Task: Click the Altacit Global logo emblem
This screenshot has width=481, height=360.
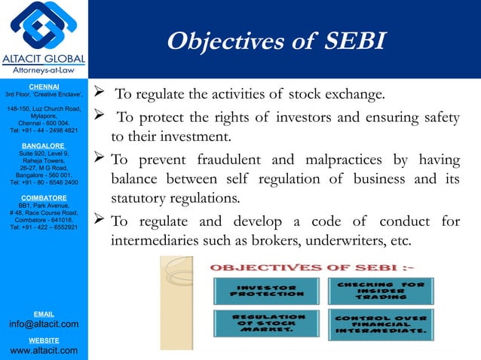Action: coord(44,26)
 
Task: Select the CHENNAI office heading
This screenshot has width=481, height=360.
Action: coord(44,87)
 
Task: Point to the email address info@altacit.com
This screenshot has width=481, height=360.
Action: coord(44,325)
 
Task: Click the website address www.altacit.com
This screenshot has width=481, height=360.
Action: coord(44,351)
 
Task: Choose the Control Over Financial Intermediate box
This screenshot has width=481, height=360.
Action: coord(381,324)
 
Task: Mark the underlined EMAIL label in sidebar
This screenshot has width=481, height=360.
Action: coord(44,312)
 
